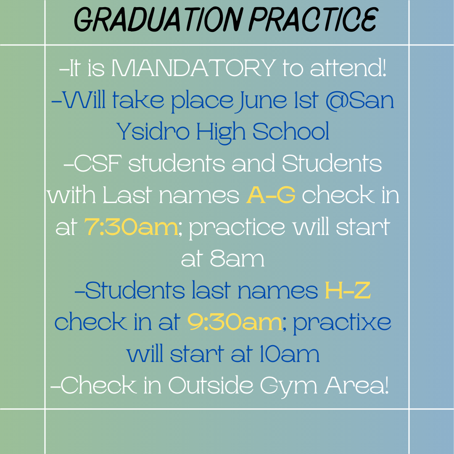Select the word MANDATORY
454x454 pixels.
click(x=194, y=68)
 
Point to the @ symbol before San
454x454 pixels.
click(x=336, y=100)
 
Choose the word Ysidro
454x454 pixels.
click(x=153, y=131)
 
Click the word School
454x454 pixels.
click(x=291, y=131)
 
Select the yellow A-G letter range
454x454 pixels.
click(x=271, y=195)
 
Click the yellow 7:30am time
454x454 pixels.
click(x=131, y=227)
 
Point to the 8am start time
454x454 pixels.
click(x=237, y=259)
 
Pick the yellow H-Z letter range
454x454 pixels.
click(x=348, y=290)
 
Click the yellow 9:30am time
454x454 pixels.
click(x=235, y=322)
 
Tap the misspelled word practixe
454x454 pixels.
click(x=342, y=324)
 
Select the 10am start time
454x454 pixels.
click(x=290, y=354)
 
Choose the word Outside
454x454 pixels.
click(x=211, y=385)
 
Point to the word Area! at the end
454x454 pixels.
click(x=356, y=385)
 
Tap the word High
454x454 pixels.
click(x=221, y=133)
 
